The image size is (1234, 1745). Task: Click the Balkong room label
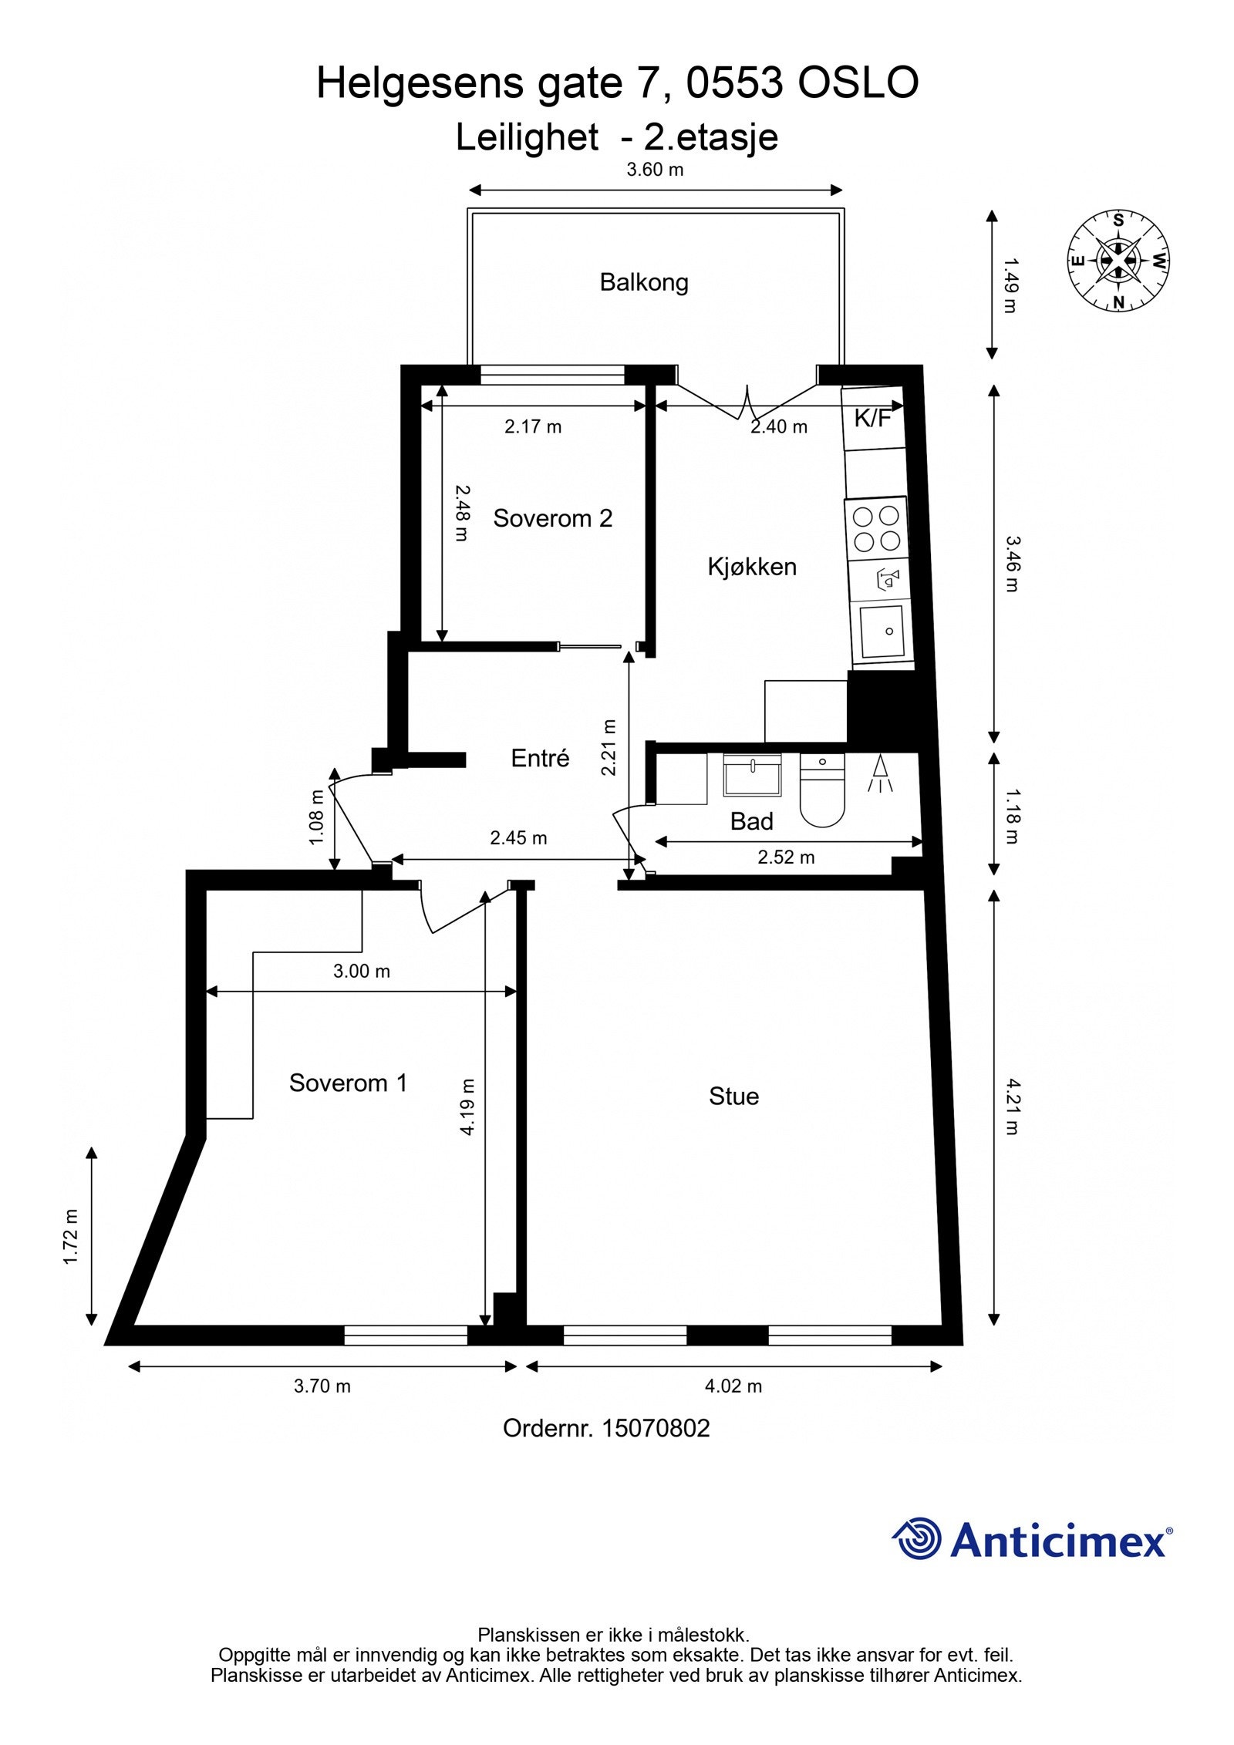point(643,282)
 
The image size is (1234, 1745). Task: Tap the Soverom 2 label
point(552,518)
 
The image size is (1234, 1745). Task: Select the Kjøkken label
point(751,567)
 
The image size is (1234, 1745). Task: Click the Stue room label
point(733,1096)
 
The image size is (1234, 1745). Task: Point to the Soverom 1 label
point(348,1083)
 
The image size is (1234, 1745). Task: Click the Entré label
point(540,758)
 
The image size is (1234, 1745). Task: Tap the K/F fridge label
point(872,419)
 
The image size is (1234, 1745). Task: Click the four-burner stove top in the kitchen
point(876,528)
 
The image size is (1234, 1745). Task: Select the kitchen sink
point(882,632)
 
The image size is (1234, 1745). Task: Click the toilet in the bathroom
point(822,790)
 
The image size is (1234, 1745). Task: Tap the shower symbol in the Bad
point(880,774)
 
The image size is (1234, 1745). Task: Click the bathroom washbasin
point(752,776)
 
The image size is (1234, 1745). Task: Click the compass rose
point(1118,261)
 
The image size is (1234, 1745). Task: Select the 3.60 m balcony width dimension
point(655,170)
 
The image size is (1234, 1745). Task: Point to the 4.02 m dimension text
point(733,1386)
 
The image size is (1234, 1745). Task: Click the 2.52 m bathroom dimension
point(785,857)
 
